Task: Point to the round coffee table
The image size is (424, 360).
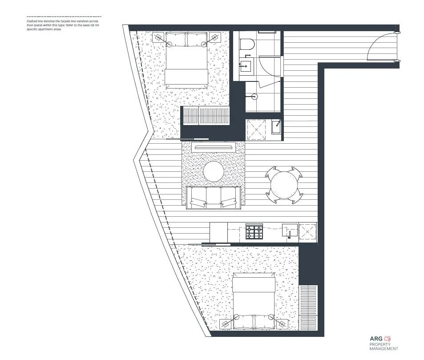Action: (x=214, y=171)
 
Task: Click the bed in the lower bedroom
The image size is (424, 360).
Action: (x=254, y=303)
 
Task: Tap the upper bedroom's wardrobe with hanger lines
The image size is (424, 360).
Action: (x=206, y=117)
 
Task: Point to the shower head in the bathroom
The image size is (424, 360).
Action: (x=254, y=96)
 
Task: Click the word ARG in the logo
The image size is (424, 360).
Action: (x=376, y=339)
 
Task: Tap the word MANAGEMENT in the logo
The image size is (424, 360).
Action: (x=384, y=349)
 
